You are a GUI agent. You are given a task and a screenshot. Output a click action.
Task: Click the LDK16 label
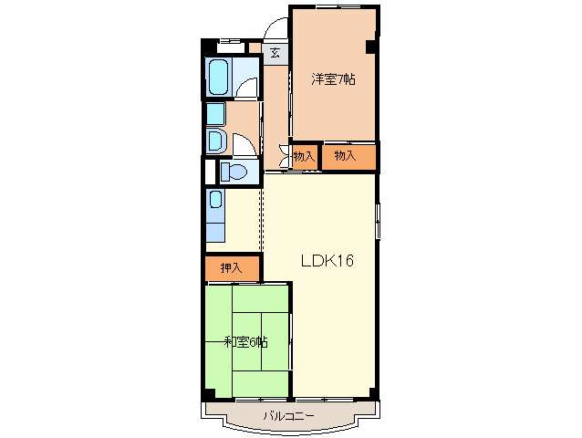coord(327,261)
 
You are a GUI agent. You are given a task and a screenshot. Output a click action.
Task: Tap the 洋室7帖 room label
coord(333,79)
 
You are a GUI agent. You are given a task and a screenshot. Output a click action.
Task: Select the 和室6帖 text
coord(246,342)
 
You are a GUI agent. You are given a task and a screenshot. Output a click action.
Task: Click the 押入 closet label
coord(232,268)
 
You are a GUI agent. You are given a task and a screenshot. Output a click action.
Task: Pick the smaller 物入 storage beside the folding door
coord(305,156)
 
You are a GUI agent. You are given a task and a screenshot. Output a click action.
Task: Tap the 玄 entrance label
coord(275,52)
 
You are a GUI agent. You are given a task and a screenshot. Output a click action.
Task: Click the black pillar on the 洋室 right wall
coord(371,47)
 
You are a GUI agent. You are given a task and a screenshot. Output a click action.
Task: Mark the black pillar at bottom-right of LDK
coord(372,393)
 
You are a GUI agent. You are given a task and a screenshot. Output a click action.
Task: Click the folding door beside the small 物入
coord(285,156)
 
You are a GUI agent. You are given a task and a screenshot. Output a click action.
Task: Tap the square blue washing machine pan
coord(215,113)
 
